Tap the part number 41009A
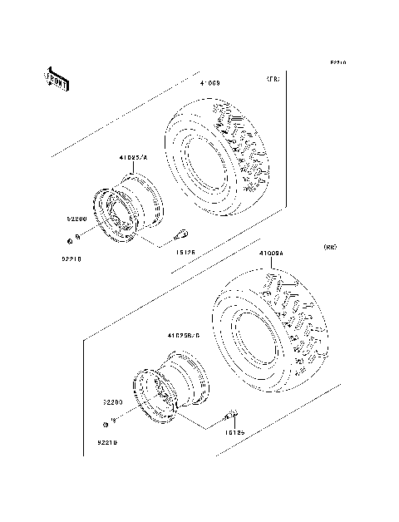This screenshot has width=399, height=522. point(271,253)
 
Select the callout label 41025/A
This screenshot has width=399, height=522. point(133,156)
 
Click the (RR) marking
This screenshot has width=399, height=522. point(329,247)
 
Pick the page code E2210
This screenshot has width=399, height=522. point(337,62)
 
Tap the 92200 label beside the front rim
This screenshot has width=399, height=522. point(77,219)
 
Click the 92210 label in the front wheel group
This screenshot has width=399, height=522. point(72,258)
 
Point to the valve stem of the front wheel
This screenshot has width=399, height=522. point(186,234)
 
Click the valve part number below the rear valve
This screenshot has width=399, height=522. point(234,432)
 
